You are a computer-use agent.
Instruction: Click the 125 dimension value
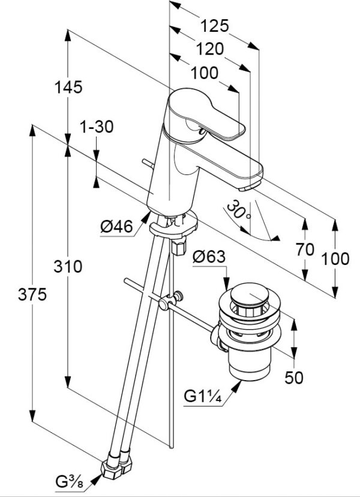214,25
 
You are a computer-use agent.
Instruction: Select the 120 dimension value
209,49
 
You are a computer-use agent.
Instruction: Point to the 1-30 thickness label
97,126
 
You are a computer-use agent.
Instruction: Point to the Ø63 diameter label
209,257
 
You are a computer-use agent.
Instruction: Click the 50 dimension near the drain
294,377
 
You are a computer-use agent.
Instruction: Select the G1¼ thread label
203,397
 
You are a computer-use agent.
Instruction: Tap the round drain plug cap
248,295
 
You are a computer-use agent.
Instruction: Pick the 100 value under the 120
205,73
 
